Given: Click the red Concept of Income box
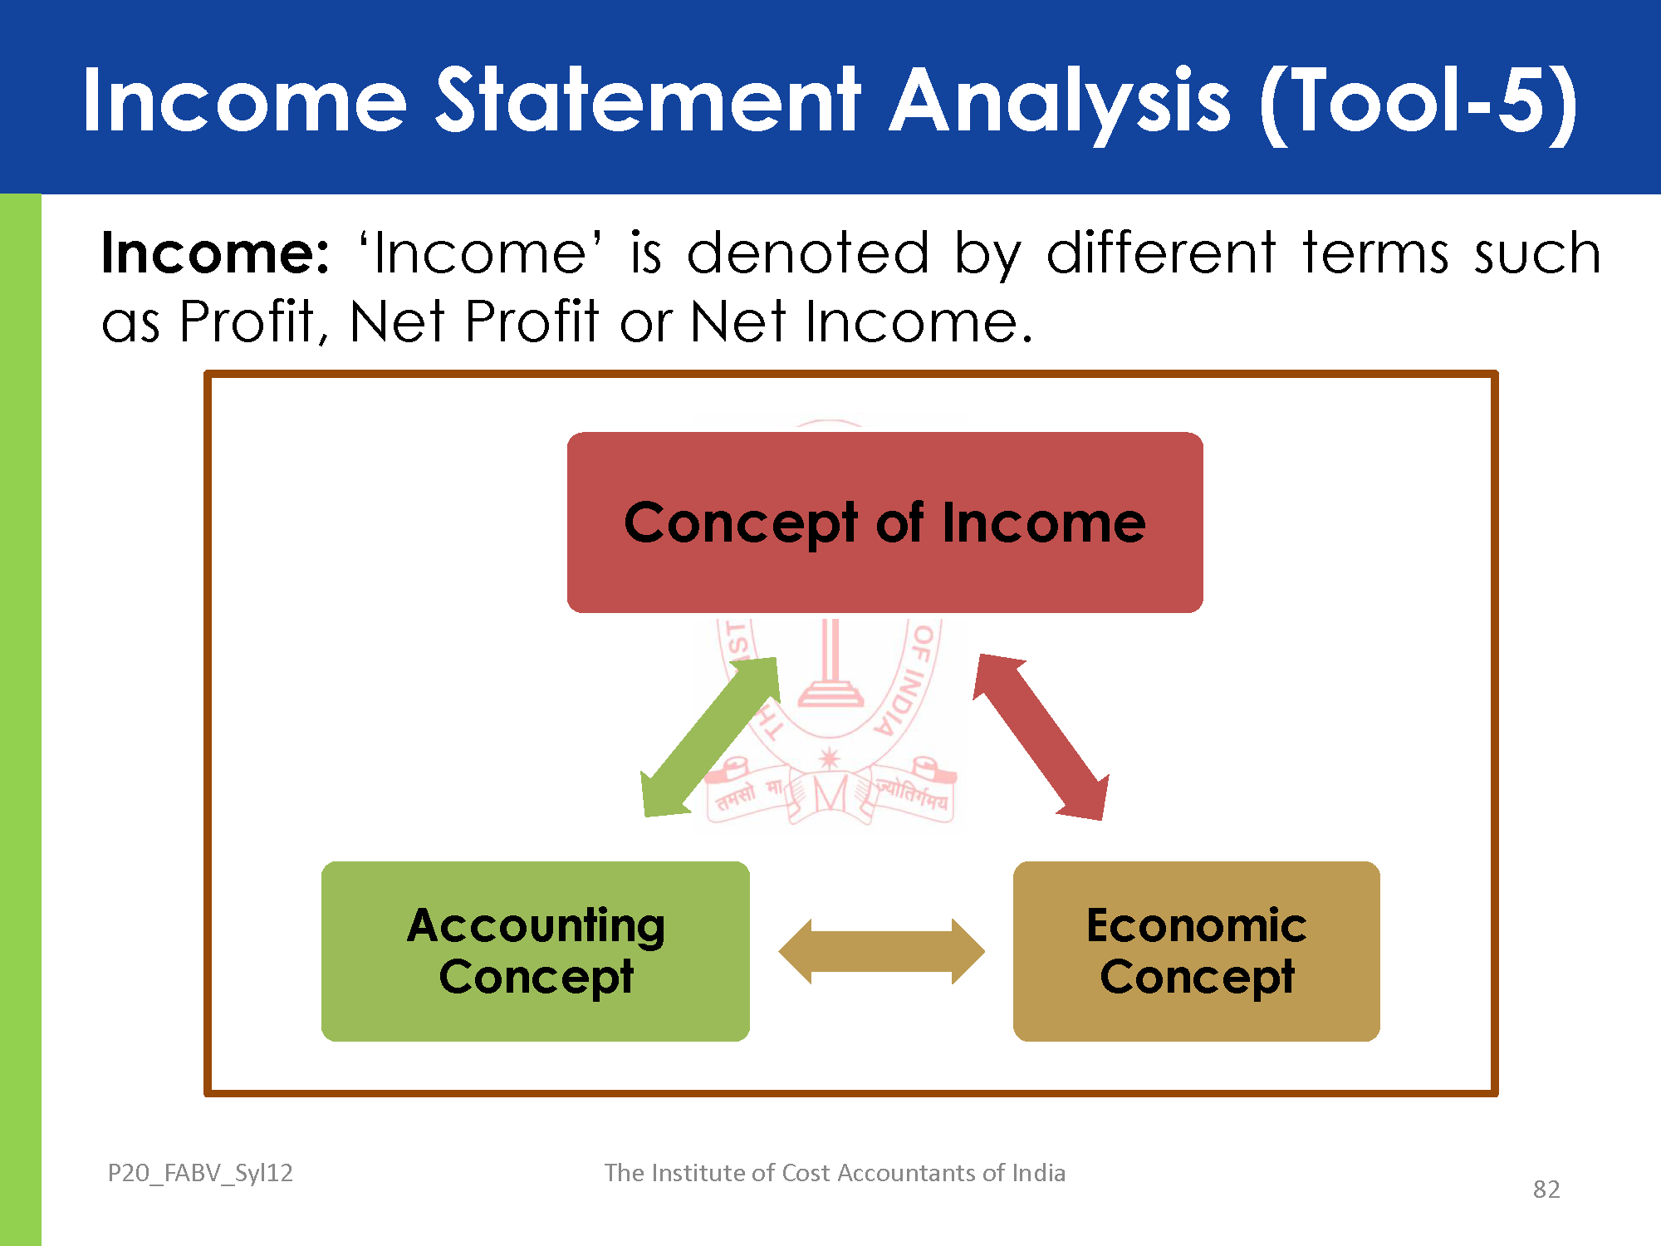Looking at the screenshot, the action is click(x=884, y=522).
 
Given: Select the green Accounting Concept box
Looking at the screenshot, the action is click(x=536, y=951).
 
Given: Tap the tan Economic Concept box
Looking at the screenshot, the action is click(x=1197, y=951).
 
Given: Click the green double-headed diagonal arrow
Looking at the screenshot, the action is click(x=711, y=737).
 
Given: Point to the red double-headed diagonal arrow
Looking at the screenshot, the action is click(x=1041, y=737).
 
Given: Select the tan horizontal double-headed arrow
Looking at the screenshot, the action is click(x=881, y=951).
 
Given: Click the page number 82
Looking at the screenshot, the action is click(x=1546, y=1190).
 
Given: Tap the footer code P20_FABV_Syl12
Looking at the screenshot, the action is click(x=200, y=1173).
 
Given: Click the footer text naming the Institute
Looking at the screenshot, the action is click(x=835, y=1173).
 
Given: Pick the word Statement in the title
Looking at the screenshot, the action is click(x=649, y=101).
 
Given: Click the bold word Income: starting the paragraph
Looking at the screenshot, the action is click(x=216, y=253).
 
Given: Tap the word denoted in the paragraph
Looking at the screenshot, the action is click(x=808, y=253).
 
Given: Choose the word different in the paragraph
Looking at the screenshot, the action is click(x=1161, y=253).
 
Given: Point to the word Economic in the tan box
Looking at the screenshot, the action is click(x=1197, y=925).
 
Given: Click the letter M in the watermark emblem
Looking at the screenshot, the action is click(x=830, y=794).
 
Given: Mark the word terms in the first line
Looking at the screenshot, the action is click(x=1375, y=253).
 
